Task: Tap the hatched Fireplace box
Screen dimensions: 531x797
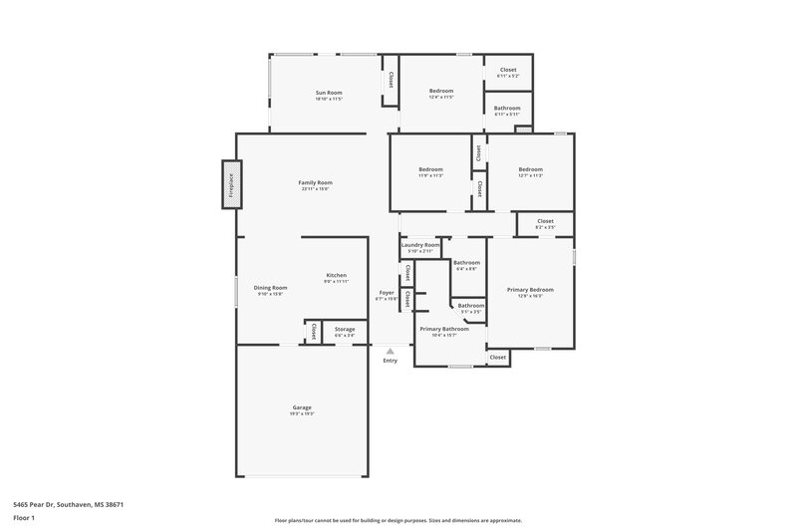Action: (230, 185)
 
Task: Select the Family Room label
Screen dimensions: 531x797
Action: (315, 183)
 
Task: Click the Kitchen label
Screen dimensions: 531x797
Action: (336, 276)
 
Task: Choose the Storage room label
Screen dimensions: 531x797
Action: (345, 330)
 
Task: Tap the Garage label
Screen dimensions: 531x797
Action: (302, 407)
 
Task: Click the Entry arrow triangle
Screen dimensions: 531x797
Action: (390, 351)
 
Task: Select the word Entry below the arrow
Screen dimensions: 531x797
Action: (390, 361)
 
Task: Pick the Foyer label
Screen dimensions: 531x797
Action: (386, 293)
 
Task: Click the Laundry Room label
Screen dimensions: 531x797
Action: (419, 245)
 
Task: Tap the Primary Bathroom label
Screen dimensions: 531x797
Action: (443, 329)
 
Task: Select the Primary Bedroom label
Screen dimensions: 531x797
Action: (530, 290)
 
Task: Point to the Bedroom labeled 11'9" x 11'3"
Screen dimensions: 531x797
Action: (430, 170)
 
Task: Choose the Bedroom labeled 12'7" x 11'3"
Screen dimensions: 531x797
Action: (530, 170)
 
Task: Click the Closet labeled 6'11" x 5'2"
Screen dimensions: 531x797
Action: (507, 71)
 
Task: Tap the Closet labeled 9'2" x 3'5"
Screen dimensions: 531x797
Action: (545, 222)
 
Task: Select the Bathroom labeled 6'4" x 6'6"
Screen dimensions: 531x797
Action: (466, 263)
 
